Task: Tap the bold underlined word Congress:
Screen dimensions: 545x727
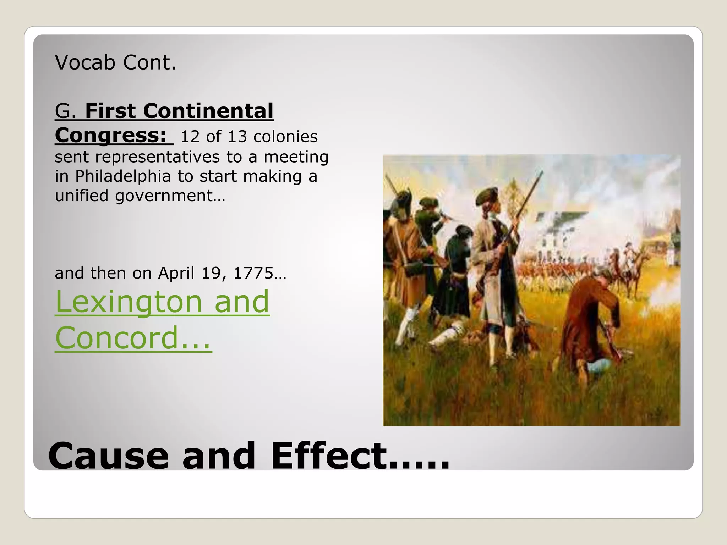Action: [110, 135]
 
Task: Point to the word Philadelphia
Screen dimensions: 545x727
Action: [123, 176]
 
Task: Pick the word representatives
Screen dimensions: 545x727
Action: [157, 157]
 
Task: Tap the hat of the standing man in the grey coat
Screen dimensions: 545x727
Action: [486, 196]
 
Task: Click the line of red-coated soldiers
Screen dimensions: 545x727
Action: [557, 271]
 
